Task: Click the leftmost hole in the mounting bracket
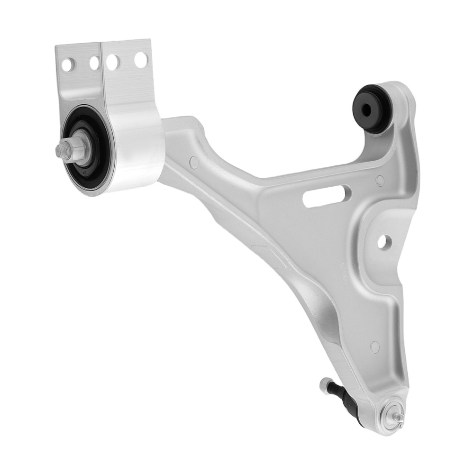(x=68, y=64)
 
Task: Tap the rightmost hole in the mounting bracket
(x=141, y=60)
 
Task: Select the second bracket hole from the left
(x=94, y=63)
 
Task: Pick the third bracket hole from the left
(x=113, y=62)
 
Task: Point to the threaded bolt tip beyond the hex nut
(x=60, y=151)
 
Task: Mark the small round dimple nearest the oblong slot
(x=380, y=180)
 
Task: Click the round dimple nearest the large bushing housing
(x=194, y=163)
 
